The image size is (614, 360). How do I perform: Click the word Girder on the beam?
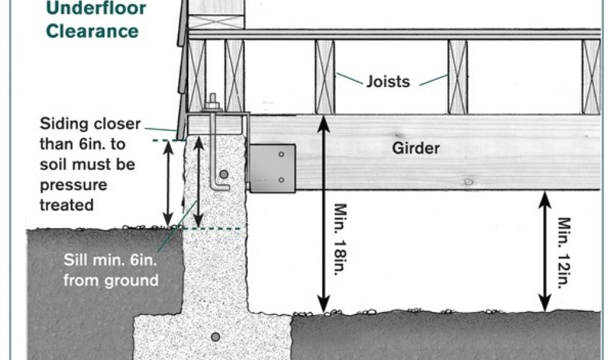coord(416,148)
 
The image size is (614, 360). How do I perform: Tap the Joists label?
coord(388,81)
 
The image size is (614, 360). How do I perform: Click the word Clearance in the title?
coord(92,31)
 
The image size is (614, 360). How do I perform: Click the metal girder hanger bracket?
coord(273,168)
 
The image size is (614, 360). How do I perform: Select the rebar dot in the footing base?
coord(215,337)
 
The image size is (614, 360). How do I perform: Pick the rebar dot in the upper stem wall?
coord(224,175)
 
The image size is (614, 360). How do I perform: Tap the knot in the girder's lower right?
coord(468,181)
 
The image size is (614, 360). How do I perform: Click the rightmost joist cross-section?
coord(591,77)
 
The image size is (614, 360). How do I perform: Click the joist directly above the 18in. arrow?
coord(324,77)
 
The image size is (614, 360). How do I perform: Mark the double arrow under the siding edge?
coord(168,184)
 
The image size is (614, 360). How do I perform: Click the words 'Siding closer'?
coord(90,124)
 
